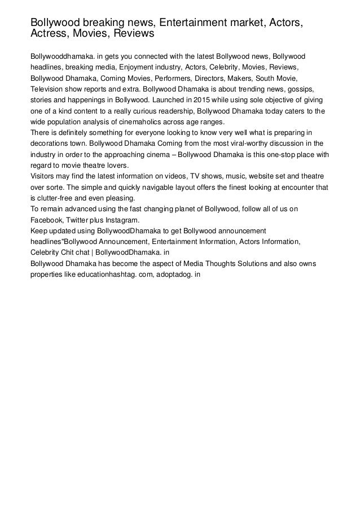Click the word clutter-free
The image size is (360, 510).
tap(58, 199)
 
